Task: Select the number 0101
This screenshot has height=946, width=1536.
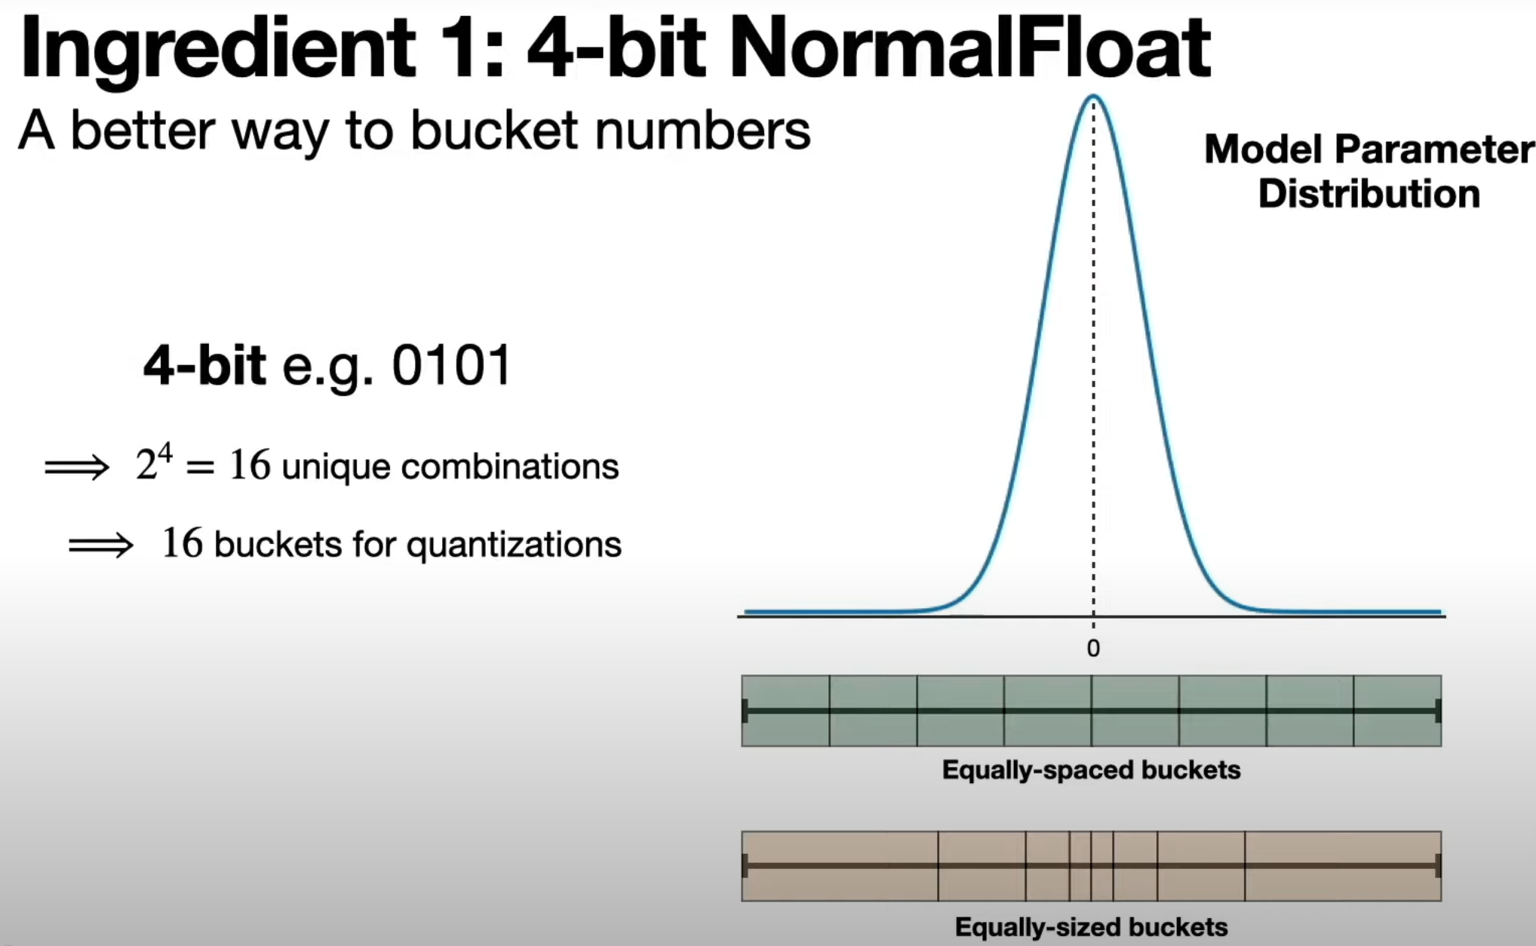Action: coord(451,366)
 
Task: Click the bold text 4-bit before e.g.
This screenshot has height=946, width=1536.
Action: coord(204,366)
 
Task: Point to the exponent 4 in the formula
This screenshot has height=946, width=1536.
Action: coord(164,453)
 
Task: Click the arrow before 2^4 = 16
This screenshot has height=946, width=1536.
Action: coord(77,467)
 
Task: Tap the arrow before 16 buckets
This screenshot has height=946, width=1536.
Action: coord(100,545)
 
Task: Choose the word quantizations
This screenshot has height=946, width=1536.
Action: coord(514,545)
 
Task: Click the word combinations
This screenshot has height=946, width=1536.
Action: coord(509,467)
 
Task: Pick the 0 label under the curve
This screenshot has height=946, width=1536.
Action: coord(1093,648)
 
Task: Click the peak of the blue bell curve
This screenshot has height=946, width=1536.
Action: coord(1093,97)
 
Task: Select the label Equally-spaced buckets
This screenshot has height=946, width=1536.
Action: coord(1091,770)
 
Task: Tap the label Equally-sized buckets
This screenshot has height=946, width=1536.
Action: coord(1091,926)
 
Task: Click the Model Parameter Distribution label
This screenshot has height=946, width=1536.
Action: coord(1369,171)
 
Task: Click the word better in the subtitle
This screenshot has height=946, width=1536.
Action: coord(143,131)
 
